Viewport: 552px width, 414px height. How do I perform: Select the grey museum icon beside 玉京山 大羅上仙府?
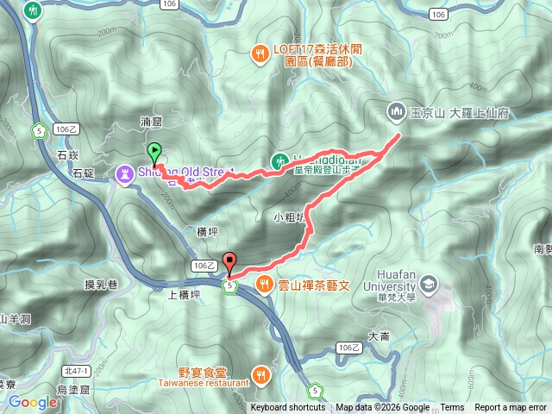[x=397, y=111]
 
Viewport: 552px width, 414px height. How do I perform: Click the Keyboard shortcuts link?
[x=288, y=408]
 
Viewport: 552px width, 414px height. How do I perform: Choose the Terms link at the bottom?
[x=452, y=408]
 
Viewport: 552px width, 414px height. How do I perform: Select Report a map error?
[x=510, y=408]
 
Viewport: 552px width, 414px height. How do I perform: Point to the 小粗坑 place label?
[x=288, y=216]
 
